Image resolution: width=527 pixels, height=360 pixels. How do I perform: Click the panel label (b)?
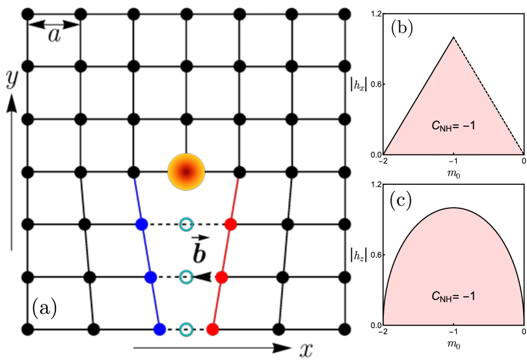(401, 29)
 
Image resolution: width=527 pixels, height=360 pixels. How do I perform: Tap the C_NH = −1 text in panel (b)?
(453, 125)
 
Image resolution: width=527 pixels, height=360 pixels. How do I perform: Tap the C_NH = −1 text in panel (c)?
(453, 296)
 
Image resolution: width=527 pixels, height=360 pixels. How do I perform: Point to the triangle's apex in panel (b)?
(453, 37)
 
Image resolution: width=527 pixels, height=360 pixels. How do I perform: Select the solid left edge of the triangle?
(418, 96)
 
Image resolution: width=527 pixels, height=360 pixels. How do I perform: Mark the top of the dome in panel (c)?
(453, 208)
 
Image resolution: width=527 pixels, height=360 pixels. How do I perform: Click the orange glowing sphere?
(186, 172)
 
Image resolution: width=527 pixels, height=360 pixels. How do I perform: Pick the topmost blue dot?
(142, 225)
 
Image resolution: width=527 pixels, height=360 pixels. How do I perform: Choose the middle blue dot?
(151, 277)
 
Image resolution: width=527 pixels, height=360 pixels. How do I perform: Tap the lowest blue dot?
(159, 329)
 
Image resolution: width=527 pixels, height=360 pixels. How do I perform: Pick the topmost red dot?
(230, 225)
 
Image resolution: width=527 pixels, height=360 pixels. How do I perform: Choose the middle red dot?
(221, 277)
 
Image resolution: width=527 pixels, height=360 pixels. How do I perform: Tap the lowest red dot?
(212, 329)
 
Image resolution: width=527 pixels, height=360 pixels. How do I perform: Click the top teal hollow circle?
(186, 225)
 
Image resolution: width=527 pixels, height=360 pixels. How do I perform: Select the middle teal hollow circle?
(186, 277)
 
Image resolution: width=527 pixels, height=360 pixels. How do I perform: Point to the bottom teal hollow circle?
(186, 329)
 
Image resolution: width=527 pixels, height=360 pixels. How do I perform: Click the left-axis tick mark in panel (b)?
(385, 84)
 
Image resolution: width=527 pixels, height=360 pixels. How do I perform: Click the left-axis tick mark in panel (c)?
(385, 255)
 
